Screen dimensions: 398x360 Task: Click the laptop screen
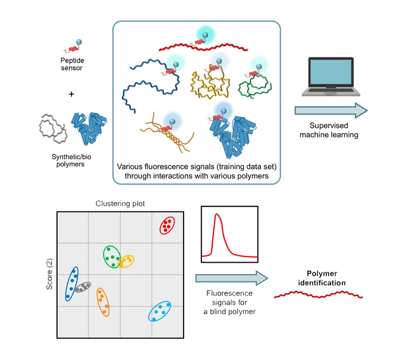pos(331,72)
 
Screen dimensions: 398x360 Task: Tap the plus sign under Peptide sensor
pos(71,94)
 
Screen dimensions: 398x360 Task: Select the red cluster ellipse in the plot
pos(167,225)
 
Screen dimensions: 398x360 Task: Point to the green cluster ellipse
pos(104,256)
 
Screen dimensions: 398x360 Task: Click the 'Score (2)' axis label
pos(49,274)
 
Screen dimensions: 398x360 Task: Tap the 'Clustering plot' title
pos(120,204)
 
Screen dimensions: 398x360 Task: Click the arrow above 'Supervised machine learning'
pos(331,110)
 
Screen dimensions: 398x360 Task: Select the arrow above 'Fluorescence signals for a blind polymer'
pos(231,278)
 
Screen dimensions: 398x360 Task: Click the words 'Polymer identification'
pos(322,278)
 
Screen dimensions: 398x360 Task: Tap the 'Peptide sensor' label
pos(72,64)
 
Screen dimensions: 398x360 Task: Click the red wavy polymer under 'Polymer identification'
pos(318,295)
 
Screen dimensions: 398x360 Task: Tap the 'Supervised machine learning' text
pos(329,130)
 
